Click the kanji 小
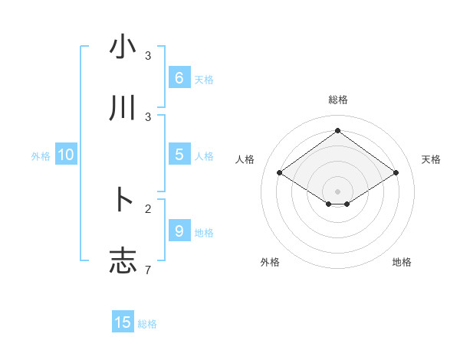tap(123, 47)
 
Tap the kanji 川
tap(123, 109)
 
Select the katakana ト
tap(123, 200)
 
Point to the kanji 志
tap(123, 260)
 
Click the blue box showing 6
tap(179, 77)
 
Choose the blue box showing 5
tap(179, 155)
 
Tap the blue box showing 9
tap(179, 231)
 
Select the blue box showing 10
tap(66, 155)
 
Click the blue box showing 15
tap(123, 322)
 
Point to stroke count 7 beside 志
tap(148, 269)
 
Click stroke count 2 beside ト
tap(148, 208)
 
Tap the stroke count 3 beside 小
tap(148, 55)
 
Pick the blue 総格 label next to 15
tap(147, 324)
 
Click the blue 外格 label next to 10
tap(41, 156)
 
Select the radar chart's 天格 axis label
tap(432, 159)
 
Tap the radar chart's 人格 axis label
tap(245, 159)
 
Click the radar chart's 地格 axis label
tap(402, 262)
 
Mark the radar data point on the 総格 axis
tap(337, 130)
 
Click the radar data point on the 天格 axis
tap(396, 173)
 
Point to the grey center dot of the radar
tap(337, 191)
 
